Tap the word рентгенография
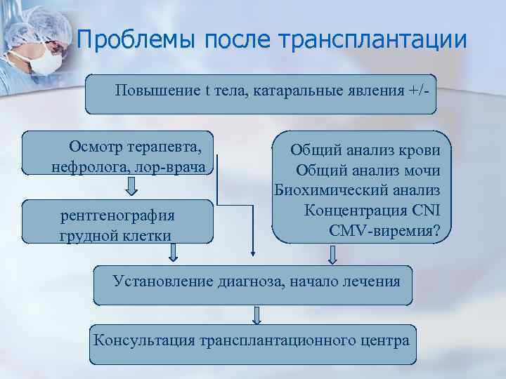click(x=118, y=215)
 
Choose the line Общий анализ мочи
click(x=368, y=171)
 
